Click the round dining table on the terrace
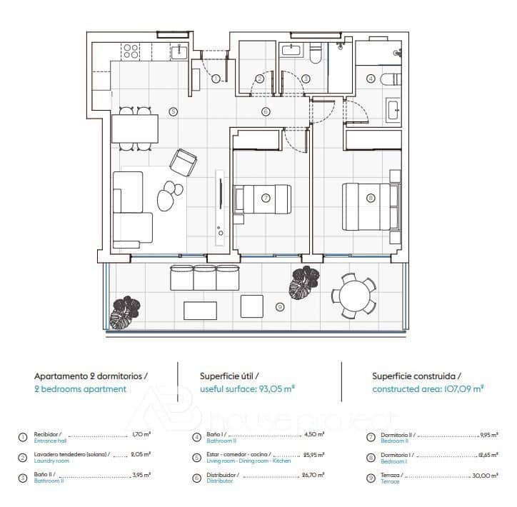(x=353, y=293)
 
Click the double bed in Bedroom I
(x=369, y=206)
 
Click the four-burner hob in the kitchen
(x=130, y=51)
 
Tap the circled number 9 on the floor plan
(x=279, y=307)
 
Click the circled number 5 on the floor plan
(x=172, y=111)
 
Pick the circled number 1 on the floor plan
(x=216, y=79)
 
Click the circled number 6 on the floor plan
(x=265, y=111)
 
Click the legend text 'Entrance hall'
(x=51, y=441)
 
